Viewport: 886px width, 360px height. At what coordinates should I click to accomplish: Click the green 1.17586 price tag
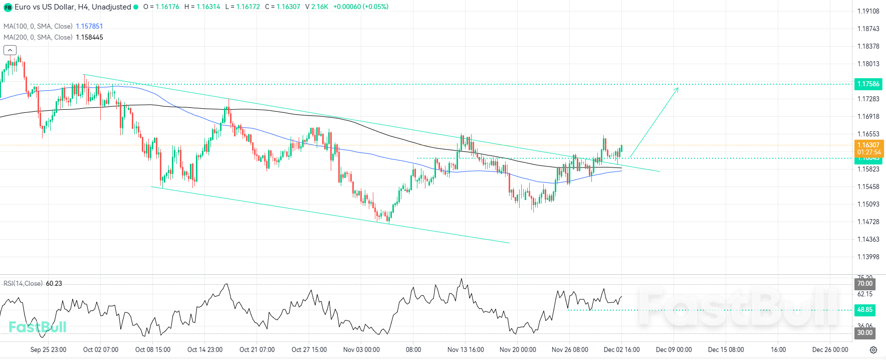[x=868, y=84]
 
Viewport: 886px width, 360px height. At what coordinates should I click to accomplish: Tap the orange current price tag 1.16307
[x=868, y=145]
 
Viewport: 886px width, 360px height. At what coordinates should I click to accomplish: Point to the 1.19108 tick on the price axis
[x=868, y=11]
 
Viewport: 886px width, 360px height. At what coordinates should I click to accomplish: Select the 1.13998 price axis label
[x=868, y=257]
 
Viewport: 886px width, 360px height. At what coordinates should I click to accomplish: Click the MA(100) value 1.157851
[x=89, y=26]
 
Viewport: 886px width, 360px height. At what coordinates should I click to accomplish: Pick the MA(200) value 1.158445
[x=89, y=37]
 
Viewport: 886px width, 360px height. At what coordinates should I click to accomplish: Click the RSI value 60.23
[x=54, y=284]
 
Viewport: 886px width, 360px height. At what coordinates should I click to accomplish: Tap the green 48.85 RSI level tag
[x=865, y=310]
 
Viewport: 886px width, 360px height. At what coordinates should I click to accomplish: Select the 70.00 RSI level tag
[x=865, y=284]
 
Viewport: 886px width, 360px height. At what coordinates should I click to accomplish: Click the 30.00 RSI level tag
[x=865, y=332]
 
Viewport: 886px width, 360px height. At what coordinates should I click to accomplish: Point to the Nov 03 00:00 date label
[x=361, y=349]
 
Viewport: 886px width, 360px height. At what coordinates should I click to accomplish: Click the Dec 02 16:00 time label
[x=621, y=349]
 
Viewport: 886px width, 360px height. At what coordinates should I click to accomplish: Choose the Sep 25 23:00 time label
[x=48, y=349]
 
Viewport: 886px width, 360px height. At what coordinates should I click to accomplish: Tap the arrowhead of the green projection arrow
[x=677, y=89]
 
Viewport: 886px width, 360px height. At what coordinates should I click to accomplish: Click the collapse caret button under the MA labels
[x=10, y=50]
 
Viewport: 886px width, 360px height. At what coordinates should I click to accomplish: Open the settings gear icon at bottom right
[x=873, y=350]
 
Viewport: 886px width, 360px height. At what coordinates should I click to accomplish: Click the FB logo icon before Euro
[x=8, y=7]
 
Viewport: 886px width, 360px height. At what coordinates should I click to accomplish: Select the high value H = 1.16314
[x=202, y=7]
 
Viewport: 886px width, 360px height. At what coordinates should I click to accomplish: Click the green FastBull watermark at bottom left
[x=38, y=327]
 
